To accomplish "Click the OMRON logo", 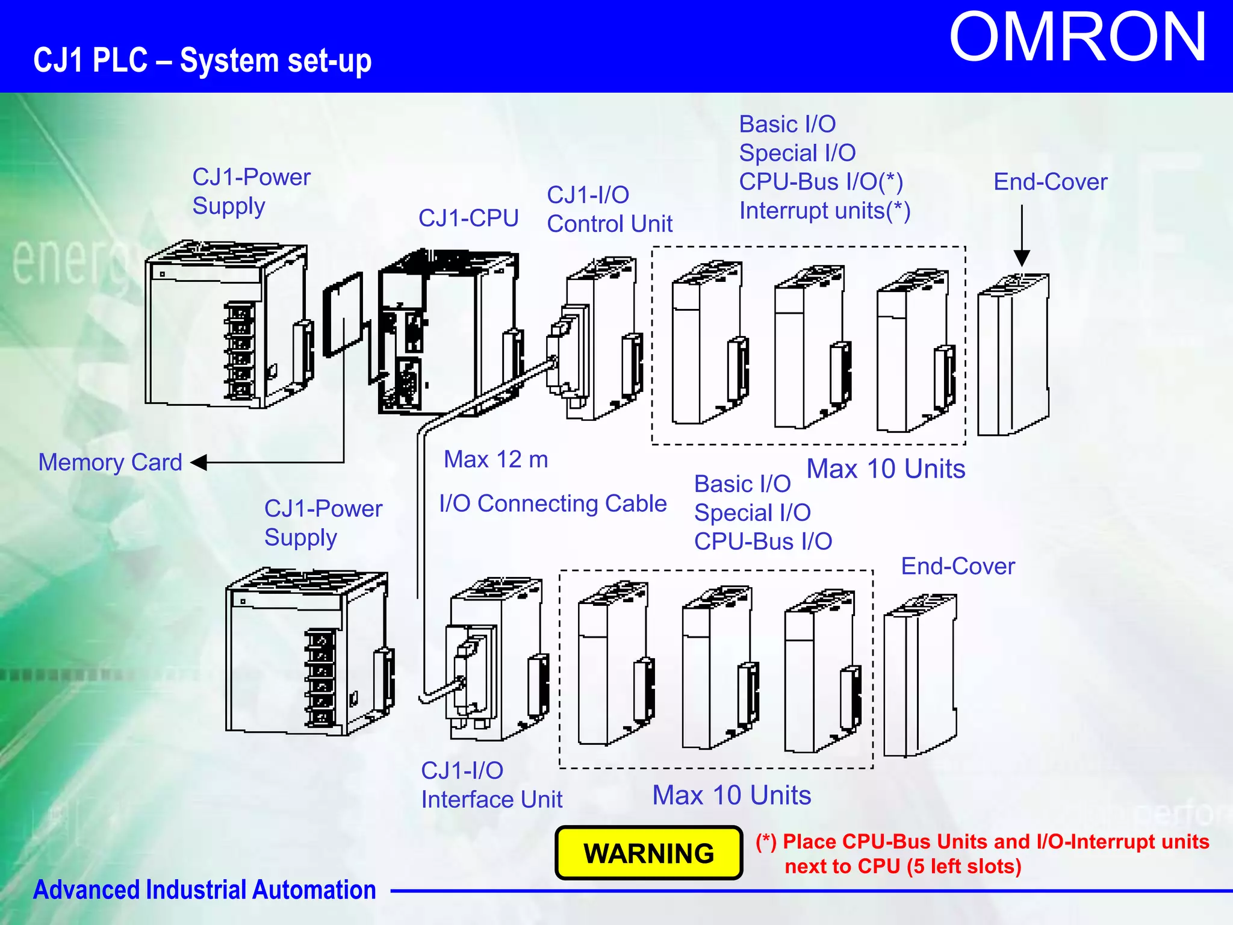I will click(x=1077, y=39).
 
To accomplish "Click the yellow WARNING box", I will click(x=648, y=853).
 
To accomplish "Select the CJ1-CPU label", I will click(x=468, y=218).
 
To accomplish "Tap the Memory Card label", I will click(x=110, y=462).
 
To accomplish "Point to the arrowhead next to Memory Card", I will click(x=199, y=462).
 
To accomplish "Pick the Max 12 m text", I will click(x=495, y=459).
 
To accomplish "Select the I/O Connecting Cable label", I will click(x=553, y=503).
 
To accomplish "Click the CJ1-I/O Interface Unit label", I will click(x=491, y=785).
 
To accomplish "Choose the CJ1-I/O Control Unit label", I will click(x=609, y=210).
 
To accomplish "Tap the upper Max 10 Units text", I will click(x=886, y=469).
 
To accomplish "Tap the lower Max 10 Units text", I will click(x=731, y=795).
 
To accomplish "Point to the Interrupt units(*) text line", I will click(x=824, y=211).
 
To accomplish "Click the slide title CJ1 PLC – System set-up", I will click(x=202, y=61).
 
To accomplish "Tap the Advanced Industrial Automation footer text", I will click(x=204, y=889).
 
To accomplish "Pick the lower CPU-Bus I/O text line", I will click(x=763, y=541).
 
